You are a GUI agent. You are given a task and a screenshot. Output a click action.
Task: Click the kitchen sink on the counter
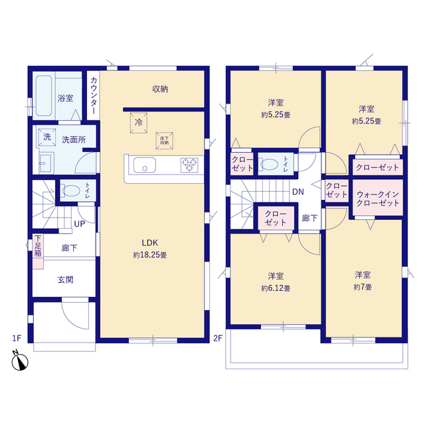click(143, 165)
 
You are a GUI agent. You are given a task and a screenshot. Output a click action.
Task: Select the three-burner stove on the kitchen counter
click(189, 165)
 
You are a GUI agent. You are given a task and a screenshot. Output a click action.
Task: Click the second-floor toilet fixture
click(270, 163)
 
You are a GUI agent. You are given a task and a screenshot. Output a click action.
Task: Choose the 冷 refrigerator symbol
click(139, 122)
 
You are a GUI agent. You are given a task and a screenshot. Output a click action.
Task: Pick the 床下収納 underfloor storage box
click(163, 140)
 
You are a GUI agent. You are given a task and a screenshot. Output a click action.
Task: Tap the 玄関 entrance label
click(65, 280)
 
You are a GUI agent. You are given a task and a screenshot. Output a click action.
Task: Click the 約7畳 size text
click(362, 287)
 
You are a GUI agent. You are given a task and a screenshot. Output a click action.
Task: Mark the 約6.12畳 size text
click(276, 288)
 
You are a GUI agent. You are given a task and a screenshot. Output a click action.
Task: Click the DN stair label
click(299, 192)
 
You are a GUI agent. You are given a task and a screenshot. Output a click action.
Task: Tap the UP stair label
click(79, 224)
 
